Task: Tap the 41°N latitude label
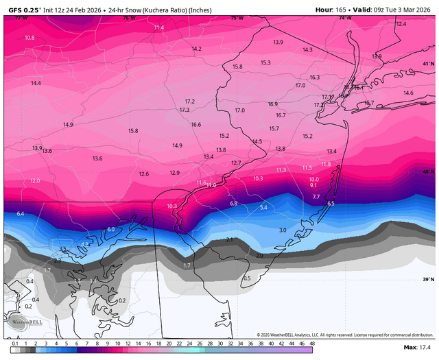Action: pyautogui.click(x=428, y=64)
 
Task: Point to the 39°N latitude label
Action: pyautogui.click(x=428, y=279)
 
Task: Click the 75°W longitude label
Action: pyautogui.click(x=237, y=18)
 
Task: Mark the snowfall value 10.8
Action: pyautogui.click(x=29, y=38)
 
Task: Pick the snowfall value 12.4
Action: pyautogui.click(x=401, y=24)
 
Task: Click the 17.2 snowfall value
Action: pyautogui.click(x=190, y=101)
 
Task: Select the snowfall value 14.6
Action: pyautogui.click(x=408, y=93)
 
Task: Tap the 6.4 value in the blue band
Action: pyautogui.click(x=21, y=214)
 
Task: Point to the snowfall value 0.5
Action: pyautogui.click(x=247, y=278)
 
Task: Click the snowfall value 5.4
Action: pyautogui.click(x=263, y=207)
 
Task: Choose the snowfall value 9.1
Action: pyautogui.click(x=313, y=185)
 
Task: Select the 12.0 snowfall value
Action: pyautogui.click(x=36, y=181)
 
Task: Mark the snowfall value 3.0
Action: pyautogui.click(x=283, y=230)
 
